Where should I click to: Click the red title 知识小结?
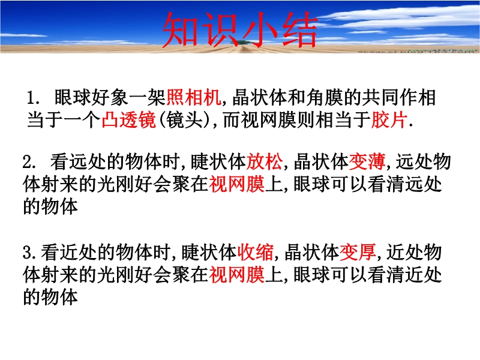239,29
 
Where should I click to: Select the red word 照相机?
194,97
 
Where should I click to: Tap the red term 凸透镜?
129,119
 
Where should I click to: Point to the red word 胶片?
389,119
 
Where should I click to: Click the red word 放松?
265,161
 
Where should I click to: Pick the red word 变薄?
367,161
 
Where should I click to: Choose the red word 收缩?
256,252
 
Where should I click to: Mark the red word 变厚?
358,252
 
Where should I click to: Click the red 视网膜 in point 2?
236,184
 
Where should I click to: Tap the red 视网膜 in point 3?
236,275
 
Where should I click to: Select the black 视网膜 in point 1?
269,119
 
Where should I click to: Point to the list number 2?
29,162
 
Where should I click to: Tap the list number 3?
29,253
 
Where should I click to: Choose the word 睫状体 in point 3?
209,252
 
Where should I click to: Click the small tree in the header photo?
244,43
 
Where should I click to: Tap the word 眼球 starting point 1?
73,97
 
